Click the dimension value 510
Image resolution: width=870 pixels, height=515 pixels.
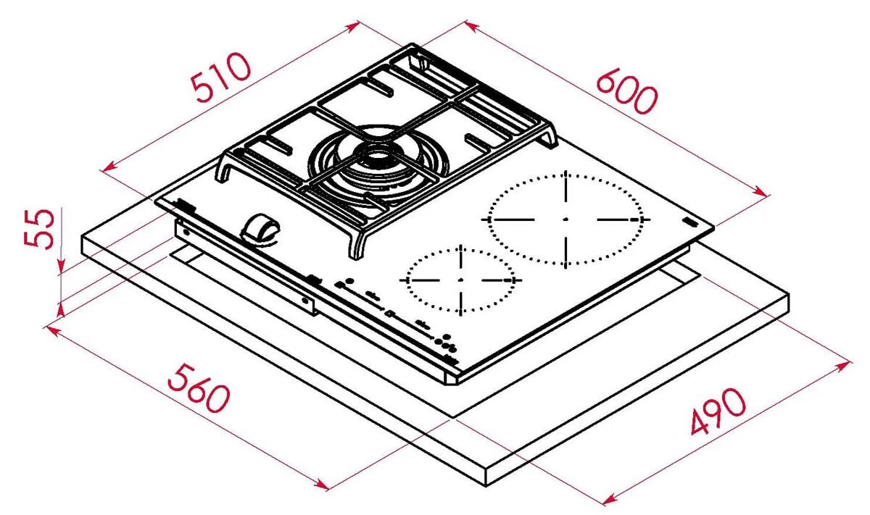tap(221, 76)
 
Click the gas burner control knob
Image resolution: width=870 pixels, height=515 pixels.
tap(260, 230)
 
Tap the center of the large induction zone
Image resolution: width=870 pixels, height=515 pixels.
tap(565, 219)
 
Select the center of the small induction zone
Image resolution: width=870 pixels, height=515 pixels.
tap(461, 280)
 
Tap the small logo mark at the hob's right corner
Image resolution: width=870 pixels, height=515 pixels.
tap(691, 223)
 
